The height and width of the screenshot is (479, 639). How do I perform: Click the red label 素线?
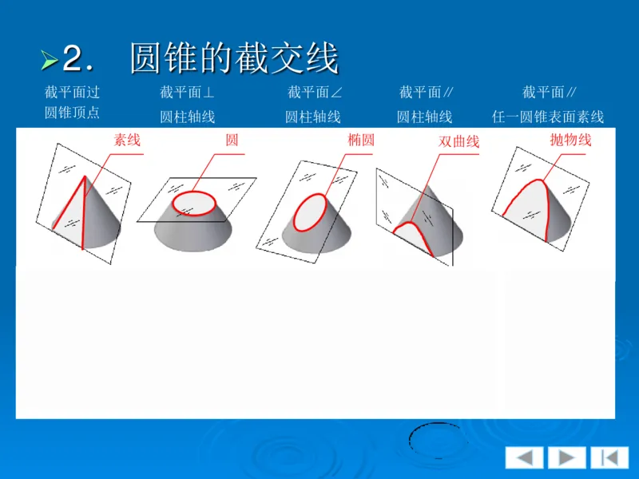click(x=127, y=140)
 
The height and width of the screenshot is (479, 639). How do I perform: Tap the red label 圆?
click(x=232, y=140)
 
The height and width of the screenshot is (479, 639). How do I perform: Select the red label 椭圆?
click(x=361, y=140)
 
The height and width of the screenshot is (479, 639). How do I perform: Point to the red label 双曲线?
click(x=458, y=141)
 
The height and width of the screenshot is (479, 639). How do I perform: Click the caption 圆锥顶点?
click(x=72, y=113)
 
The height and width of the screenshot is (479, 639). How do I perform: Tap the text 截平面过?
click(x=72, y=93)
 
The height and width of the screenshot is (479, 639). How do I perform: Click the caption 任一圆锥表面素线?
click(x=548, y=117)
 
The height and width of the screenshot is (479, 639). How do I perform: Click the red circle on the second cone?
click(x=194, y=193)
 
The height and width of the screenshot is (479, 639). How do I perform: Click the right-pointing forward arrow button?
click(x=566, y=457)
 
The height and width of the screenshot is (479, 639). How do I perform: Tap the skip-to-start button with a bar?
click(x=609, y=457)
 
